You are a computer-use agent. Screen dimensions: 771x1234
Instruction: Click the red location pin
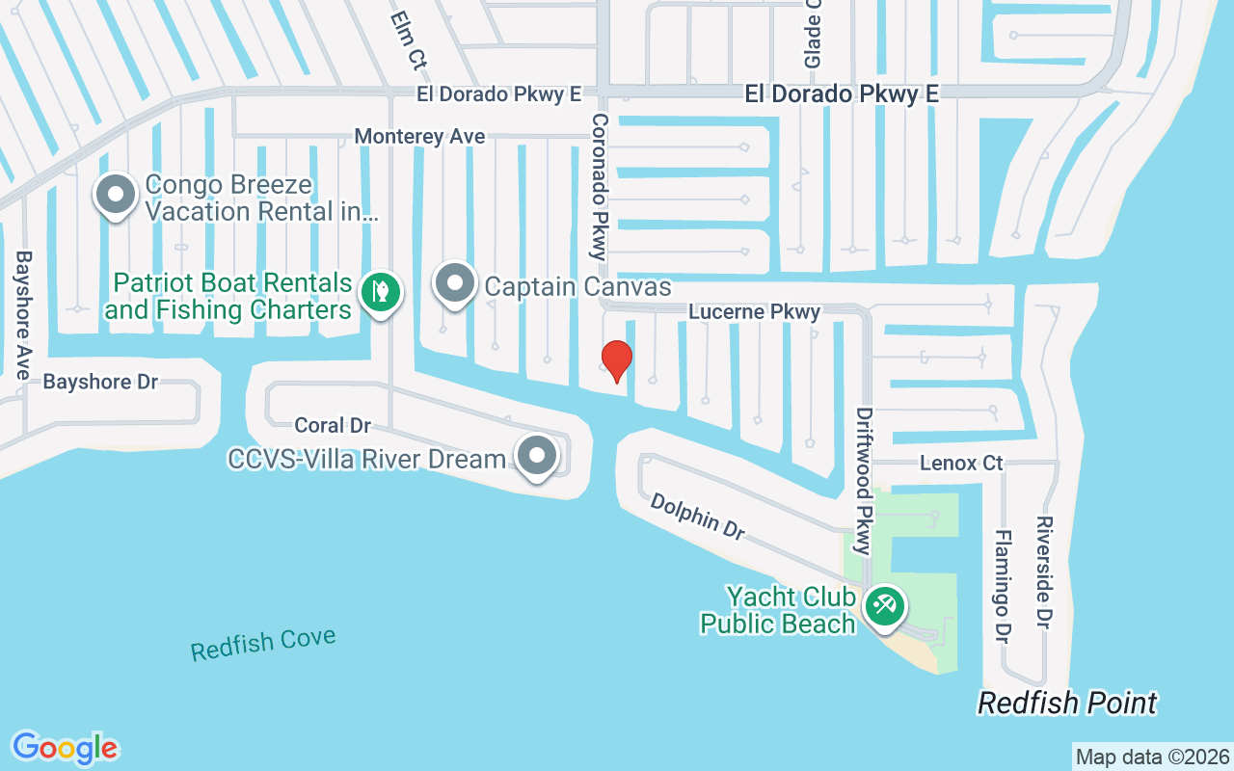(x=616, y=360)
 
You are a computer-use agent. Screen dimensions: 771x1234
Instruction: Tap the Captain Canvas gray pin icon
(x=455, y=284)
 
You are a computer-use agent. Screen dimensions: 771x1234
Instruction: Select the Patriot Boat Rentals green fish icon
(x=381, y=292)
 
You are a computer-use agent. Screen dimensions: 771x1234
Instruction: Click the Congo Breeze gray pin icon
(x=116, y=195)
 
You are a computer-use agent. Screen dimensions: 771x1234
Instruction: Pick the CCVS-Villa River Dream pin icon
(x=537, y=456)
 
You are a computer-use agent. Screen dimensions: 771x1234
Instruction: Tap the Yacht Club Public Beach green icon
(x=884, y=607)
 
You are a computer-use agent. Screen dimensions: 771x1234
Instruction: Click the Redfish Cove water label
(x=263, y=644)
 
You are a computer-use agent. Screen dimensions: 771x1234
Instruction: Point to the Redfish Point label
(x=1067, y=704)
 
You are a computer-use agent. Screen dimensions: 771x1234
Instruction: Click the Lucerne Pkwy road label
(x=754, y=312)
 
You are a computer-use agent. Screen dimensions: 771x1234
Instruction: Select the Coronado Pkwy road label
(x=599, y=187)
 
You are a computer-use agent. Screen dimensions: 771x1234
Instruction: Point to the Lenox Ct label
(x=961, y=464)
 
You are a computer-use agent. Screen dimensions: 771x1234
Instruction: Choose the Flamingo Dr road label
(x=1003, y=587)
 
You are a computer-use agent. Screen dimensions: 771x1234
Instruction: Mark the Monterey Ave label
(x=419, y=137)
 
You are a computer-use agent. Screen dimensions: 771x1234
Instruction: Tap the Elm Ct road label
(x=408, y=40)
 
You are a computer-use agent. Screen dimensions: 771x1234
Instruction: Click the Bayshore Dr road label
(x=100, y=383)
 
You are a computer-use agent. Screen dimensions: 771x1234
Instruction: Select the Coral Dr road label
(x=333, y=425)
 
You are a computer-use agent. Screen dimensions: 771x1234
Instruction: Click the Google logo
(x=66, y=747)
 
